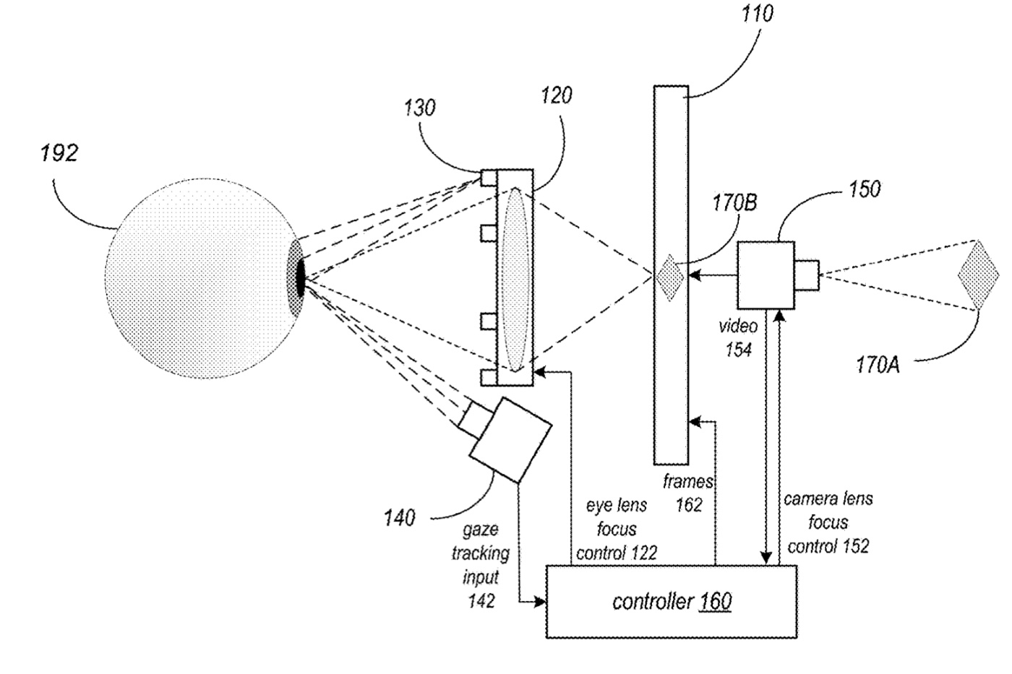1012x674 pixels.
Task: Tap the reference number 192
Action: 59,153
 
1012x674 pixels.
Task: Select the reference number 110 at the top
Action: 756,14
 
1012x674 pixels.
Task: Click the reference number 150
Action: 863,189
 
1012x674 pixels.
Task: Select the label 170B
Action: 734,203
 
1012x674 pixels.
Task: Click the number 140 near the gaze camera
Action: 400,517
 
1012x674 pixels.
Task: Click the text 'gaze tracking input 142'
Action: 481,565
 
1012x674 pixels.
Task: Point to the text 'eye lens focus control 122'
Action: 616,530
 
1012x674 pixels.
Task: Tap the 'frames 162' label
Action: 688,493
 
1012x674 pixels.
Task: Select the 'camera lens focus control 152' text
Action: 828,522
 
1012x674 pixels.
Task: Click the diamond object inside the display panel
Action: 670,275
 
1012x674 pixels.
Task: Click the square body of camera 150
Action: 766,275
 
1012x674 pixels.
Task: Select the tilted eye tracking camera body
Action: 510,440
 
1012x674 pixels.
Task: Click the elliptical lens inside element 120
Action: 515,278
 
